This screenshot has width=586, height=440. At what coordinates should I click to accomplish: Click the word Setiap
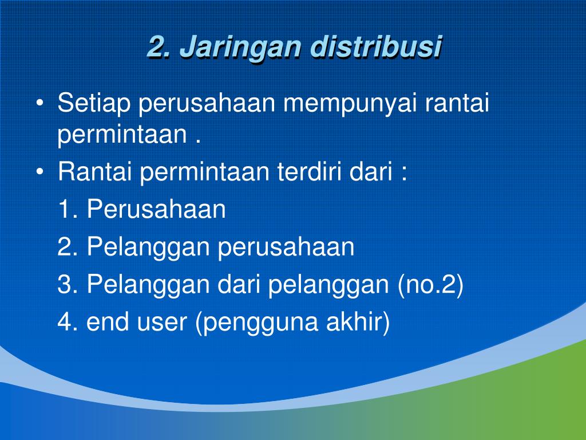94,103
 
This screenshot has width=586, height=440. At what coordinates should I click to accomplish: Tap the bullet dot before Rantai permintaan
40,172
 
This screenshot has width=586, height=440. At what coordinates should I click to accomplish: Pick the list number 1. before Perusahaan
68,209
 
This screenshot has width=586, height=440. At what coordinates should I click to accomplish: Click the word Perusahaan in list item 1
157,209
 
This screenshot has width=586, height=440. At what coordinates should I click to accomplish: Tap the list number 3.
68,284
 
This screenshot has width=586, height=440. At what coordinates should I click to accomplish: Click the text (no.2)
430,284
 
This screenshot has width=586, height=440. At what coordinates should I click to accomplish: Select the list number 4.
68,321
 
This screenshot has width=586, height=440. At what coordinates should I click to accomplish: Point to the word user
162,323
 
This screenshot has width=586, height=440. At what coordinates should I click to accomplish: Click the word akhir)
358,322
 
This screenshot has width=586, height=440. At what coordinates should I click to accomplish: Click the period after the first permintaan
198,142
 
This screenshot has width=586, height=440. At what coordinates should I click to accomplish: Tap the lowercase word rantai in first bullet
457,103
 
